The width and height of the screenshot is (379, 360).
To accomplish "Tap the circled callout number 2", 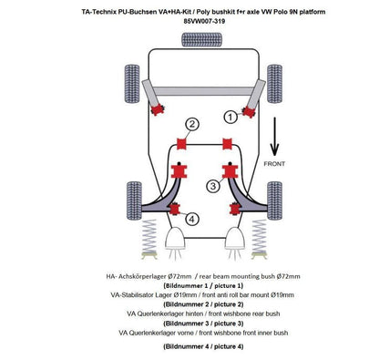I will pyautogui.click(x=191, y=124).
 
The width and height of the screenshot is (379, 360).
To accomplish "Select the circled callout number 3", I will pyautogui.click(x=212, y=186).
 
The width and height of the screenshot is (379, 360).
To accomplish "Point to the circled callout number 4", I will pyautogui.click(x=191, y=219).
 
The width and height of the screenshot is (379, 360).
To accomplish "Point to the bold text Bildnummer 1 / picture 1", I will pyautogui.click(x=189, y=285).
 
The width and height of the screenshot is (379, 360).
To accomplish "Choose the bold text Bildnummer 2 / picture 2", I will pyautogui.click(x=189, y=304).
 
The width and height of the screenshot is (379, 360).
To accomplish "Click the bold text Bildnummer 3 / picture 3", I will pyautogui.click(x=189, y=324).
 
